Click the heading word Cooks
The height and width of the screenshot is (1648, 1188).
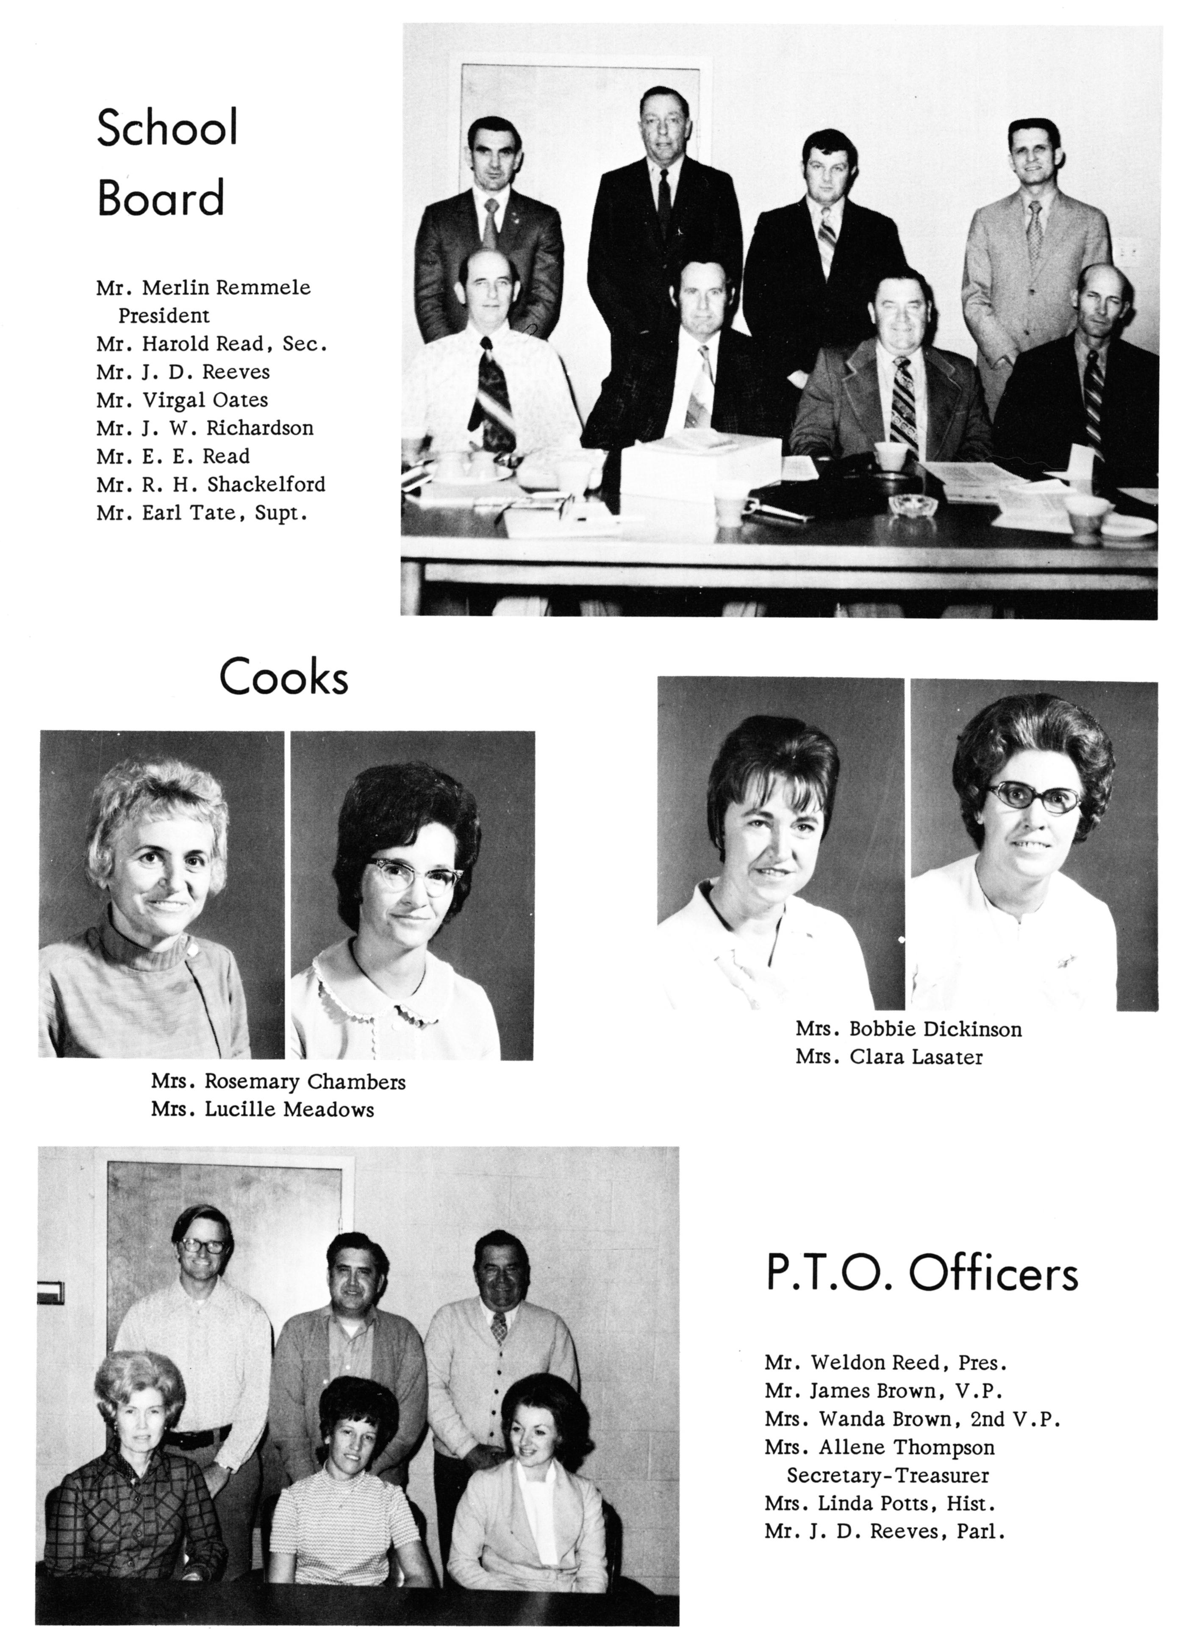pos(283,677)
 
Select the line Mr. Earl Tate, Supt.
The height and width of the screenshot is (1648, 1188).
pos(201,513)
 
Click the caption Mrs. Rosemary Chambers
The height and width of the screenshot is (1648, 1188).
pos(278,1082)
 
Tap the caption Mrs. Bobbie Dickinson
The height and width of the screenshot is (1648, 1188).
pos(908,1029)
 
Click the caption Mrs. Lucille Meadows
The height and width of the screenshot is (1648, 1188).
pos(262,1109)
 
